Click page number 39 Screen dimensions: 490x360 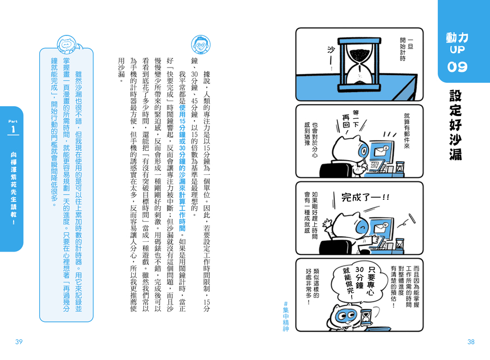[19, 342]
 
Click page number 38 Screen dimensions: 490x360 [471, 342]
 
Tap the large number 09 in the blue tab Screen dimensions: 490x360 [457, 67]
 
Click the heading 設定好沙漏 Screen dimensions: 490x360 [456, 125]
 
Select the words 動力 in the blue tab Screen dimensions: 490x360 [457, 38]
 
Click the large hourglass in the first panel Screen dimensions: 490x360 [360, 65]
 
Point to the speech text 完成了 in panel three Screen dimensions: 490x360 [365, 197]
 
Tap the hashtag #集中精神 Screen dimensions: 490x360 [286, 316]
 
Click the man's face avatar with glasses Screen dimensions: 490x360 [200, 45]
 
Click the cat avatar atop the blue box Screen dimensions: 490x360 [67, 45]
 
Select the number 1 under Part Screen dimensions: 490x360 [13, 130]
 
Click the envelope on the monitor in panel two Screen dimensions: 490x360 [381, 151]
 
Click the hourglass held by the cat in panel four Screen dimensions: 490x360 [365, 317]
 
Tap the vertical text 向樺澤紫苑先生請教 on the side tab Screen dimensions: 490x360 [14, 188]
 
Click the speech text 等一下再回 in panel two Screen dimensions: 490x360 [351, 122]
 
